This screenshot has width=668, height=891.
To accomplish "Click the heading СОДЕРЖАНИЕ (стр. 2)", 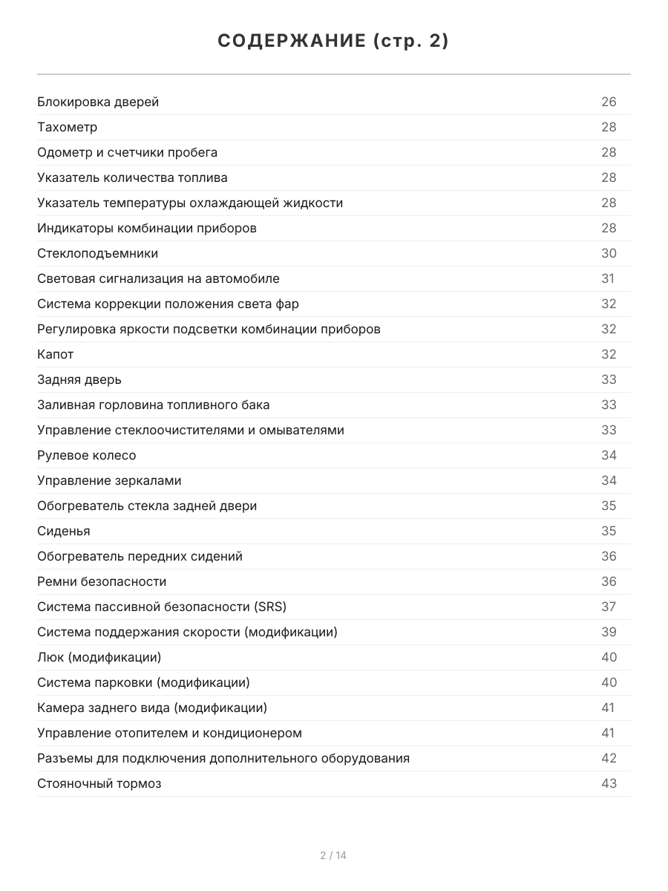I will click(x=333, y=42).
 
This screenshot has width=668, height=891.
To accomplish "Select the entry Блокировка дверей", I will click(x=98, y=102).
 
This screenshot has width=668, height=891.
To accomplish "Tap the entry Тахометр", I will click(x=68, y=127).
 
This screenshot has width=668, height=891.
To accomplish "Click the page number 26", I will click(x=609, y=102).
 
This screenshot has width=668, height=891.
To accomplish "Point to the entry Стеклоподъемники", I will click(x=98, y=253).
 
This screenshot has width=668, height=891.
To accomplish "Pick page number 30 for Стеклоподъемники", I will click(x=609, y=253).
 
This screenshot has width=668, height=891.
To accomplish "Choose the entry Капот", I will click(x=56, y=354).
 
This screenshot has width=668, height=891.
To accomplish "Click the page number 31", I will click(x=608, y=278).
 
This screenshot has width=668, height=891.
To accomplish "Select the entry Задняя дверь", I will click(x=79, y=379).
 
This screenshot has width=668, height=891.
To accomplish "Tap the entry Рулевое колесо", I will click(x=87, y=455).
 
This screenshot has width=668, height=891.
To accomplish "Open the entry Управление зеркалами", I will click(x=109, y=480).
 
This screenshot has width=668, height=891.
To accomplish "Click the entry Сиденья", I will click(x=64, y=531).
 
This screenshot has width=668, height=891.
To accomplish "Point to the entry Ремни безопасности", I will click(x=102, y=581).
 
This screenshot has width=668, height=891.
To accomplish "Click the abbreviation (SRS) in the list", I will click(x=270, y=607).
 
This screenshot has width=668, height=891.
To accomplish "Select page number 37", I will click(x=609, y=607).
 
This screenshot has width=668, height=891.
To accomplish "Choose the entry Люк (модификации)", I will click(x=99, y=657).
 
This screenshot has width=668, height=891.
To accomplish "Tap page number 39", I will click(x=609, y=632).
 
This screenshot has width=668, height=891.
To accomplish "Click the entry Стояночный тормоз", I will click(x=99, y=783).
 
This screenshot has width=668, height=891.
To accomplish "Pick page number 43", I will click(x=609, y=783).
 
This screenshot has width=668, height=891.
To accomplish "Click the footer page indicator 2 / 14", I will click(x=333, y=855).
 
